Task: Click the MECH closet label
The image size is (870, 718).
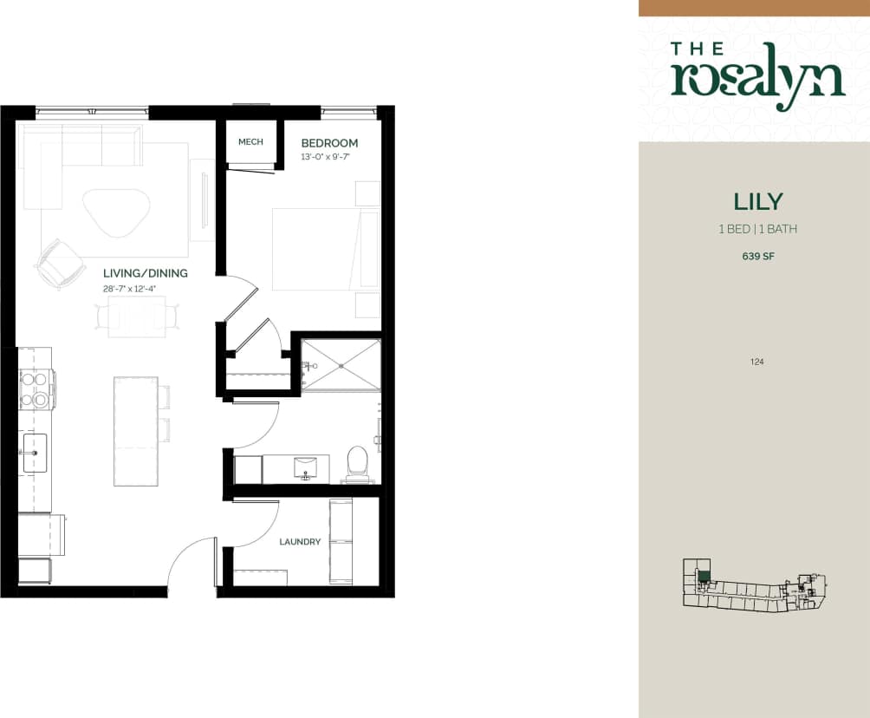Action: (250, 142)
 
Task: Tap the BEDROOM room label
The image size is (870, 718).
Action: (329, 143)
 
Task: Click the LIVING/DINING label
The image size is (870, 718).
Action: (146, 273)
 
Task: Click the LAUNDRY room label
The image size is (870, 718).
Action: (300, 542)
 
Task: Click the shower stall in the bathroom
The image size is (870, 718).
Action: (341, 365)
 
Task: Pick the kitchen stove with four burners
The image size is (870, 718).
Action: (36, 389)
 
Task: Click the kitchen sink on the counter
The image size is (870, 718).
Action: (35, 453)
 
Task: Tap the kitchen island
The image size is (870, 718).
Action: (135, 431)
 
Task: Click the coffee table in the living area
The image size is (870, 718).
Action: (116, 212)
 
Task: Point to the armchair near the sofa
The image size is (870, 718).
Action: (59, 262)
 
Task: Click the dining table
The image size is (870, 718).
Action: (137, 317)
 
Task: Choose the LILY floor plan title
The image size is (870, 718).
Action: (758, 202)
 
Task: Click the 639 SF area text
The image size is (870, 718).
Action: (758, 257)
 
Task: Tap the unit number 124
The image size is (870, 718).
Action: (757, 362)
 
